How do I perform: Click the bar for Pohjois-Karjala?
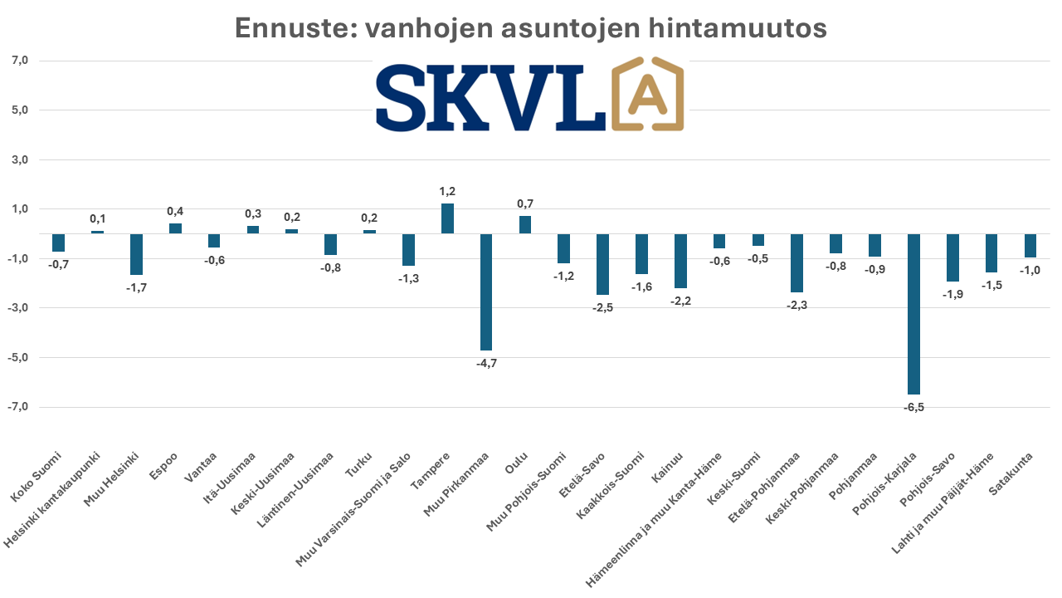(x=913, y=314)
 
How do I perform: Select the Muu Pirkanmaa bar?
(x=486, y=292)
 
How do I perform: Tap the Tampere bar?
(x=447, y=218)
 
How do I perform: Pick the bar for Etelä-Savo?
(x=602, y=264)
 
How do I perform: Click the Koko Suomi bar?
(x=58, y=243)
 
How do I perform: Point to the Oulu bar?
(x=525, y=225)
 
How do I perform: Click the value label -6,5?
(x=913, y=407)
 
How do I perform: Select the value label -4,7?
(x=486, y=363)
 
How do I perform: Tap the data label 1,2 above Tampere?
(x=447, y=192)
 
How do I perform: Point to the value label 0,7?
(x=525, y=204)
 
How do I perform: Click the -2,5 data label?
(x=602, y=308)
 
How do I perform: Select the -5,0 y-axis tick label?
(x=19, y=358)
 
